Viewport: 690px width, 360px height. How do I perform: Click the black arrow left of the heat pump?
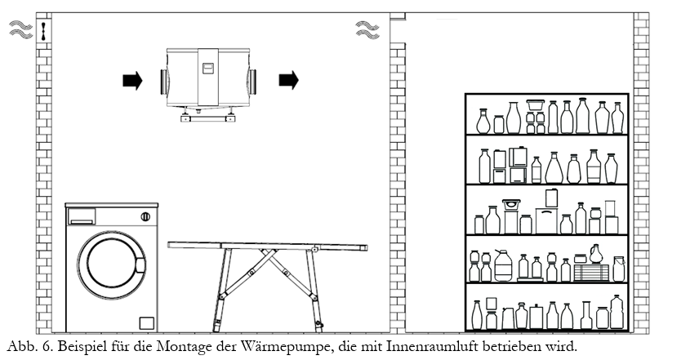(x=131, y=80)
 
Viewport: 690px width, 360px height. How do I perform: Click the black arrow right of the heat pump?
(x=288, y=80)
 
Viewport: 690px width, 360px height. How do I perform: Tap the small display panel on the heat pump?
(x=208, y=69)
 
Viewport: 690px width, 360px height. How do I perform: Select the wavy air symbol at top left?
(x=20, y=31)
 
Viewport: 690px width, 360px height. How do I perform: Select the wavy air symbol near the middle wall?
(x=367, y=31)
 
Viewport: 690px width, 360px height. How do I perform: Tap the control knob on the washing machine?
(x=145, y=216)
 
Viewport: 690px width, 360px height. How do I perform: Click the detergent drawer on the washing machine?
(x=82, y=216)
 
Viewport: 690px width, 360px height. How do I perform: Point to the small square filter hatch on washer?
(x=146, y=321)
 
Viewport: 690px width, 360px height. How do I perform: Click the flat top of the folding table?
(x=267, y=246)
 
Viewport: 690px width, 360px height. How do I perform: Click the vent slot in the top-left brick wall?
(x=43, y=30)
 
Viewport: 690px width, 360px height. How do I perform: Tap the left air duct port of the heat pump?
(x=163, y=80)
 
